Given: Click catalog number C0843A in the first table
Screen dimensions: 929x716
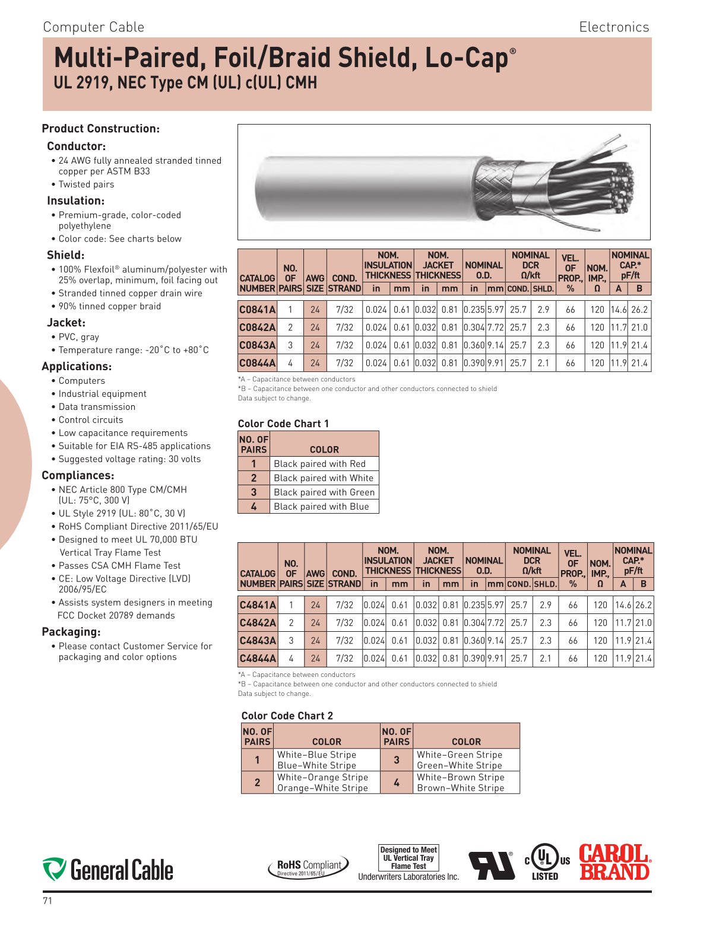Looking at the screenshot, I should click(x=258, y=345).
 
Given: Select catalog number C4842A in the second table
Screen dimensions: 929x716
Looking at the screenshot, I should click(x=258, y=623).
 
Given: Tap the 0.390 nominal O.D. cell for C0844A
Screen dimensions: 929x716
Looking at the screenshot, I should click(x=474, y=363).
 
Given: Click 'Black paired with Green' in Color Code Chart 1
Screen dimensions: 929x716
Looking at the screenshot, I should click(x=324, y=492).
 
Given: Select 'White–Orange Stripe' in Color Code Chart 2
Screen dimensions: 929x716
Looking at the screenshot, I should click(x=322, y=777).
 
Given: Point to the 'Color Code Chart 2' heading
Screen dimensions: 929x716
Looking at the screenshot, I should click(x=287, y=716).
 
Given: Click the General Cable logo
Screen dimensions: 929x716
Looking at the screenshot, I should click(x=108, y=870).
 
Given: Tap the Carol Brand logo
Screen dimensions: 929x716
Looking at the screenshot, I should click(x=614, y=862).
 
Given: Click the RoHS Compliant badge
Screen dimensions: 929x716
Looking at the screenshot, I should click(x=309, y=867).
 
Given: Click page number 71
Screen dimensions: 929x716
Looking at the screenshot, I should click(x=47, y=901).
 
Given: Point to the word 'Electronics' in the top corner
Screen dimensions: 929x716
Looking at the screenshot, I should click(x=614, y=27).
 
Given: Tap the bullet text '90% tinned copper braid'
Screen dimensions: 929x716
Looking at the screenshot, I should click(x=110, y=306).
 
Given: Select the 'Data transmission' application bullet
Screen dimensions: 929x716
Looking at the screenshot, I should click(x=97, y=407).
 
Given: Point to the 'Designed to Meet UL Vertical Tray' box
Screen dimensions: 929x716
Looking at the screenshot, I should click(x=408, y=858).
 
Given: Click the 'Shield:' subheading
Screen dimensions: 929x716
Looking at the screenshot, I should click(x=66, y=255).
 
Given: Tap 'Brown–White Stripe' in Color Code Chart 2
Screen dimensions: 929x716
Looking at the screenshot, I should click(x=461, y=788).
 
